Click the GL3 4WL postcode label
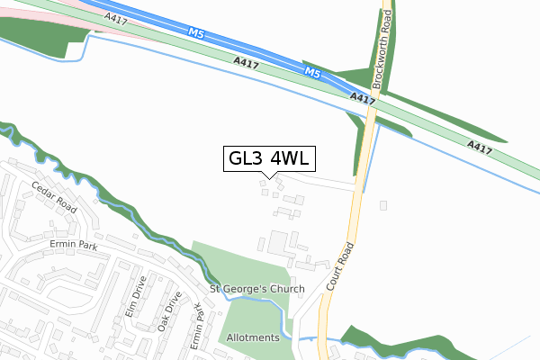[269, 158]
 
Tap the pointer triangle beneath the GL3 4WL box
[269, 175]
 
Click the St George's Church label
[257, 289]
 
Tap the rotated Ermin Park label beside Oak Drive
[199, 328]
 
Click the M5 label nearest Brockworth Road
[312, 72]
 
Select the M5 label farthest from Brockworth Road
[197, 33]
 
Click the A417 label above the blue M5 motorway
[115, 17]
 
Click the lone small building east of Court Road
[384, 205]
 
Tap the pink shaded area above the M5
[36, 11]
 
